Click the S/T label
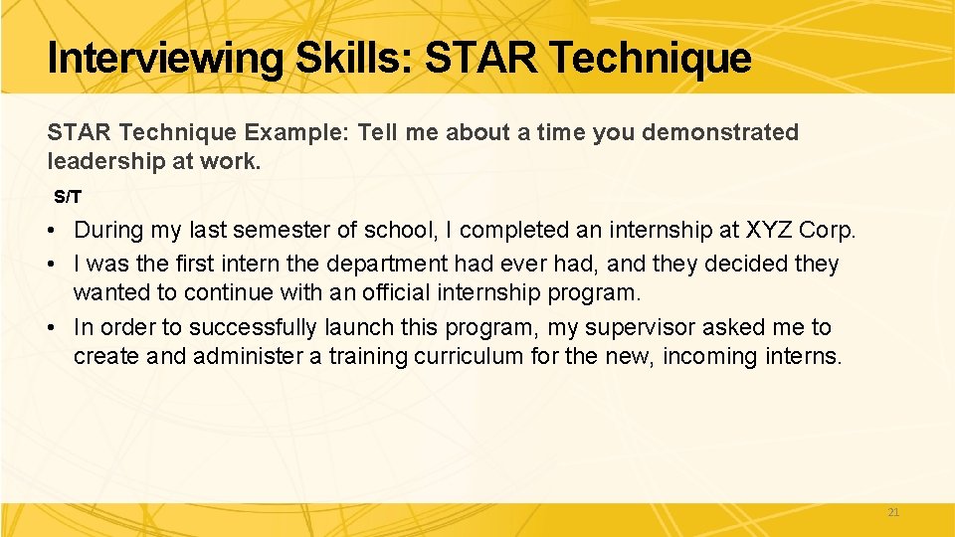click(x=68, y=197)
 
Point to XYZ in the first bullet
click(x=767, y=231)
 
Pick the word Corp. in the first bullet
click(x=828, y=231)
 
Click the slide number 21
click(x=892, y=512)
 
